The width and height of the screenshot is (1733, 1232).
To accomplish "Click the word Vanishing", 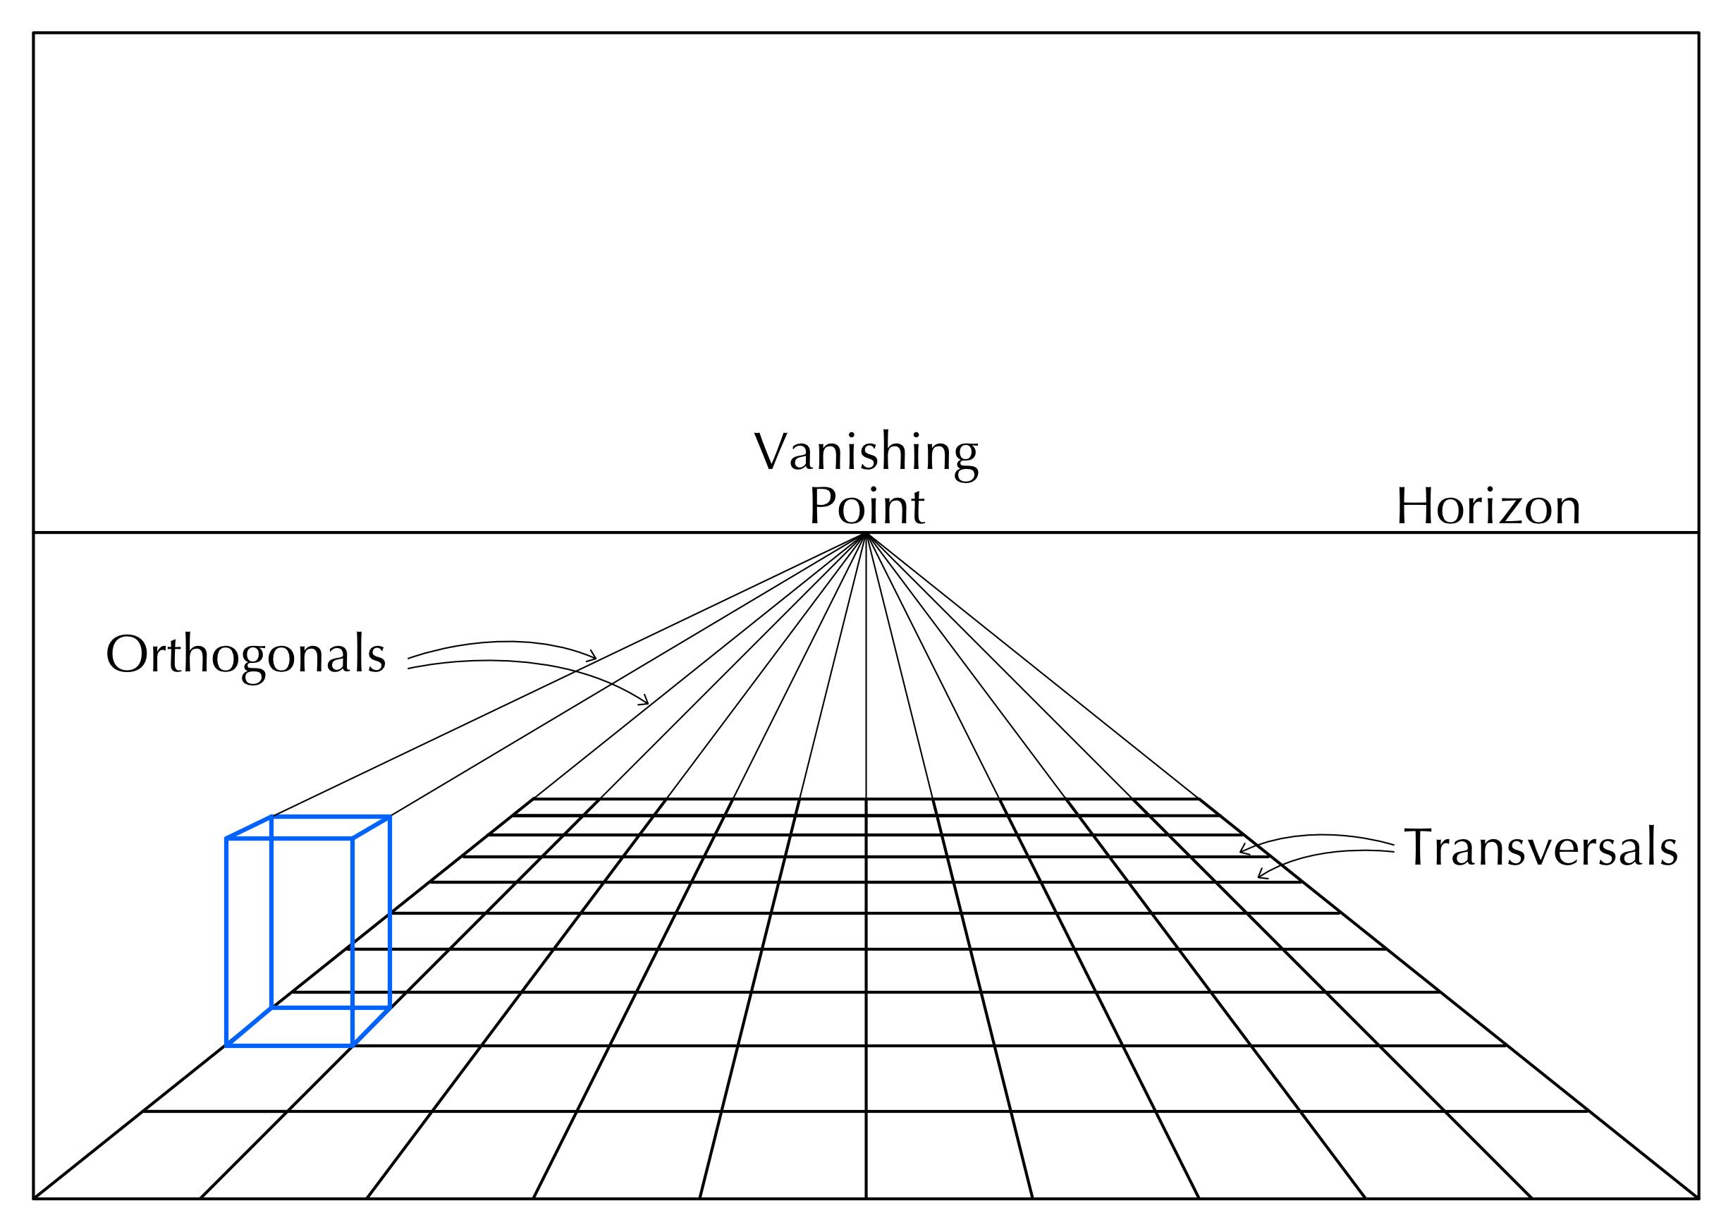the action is click(x=866, y=454).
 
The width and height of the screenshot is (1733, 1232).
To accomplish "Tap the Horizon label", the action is click(x=1488, y=507).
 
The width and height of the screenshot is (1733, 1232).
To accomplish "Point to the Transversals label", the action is click(x=1542, y=848).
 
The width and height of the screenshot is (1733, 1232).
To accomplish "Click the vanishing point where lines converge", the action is click(x=865, y=534).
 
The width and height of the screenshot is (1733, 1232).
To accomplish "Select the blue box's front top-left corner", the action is click(x=227, y=838).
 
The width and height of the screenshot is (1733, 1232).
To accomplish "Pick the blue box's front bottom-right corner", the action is click(x=353, y=1045).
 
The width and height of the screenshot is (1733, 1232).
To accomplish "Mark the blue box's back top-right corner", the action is click(x=390, y=817).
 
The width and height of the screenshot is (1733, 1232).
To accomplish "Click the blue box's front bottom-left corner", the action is click(x=227, y=1045).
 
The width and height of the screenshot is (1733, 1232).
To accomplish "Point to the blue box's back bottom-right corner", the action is click(x=390, y=1008).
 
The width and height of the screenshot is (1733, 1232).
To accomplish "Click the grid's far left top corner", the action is click(x=534, y=799).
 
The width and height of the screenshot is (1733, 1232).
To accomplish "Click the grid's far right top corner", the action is click(x=1199, y=799).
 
